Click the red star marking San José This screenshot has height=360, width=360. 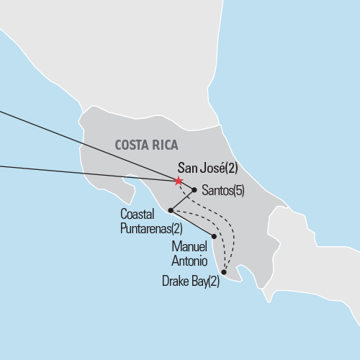tap(179, 181)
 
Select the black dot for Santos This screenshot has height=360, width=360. tap(194, 190)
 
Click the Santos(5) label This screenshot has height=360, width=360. tap(224, 191)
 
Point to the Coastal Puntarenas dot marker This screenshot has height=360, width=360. tap(170, 210)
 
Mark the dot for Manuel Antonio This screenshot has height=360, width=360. tap(214, 236)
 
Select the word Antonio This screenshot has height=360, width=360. tap(188, 259)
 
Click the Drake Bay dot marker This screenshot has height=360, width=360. tap(225, 272)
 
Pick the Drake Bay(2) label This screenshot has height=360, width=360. tap(191, 282)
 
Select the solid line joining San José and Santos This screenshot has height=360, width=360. tap(186, 186)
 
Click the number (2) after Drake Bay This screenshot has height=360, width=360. tap(213, 282)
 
